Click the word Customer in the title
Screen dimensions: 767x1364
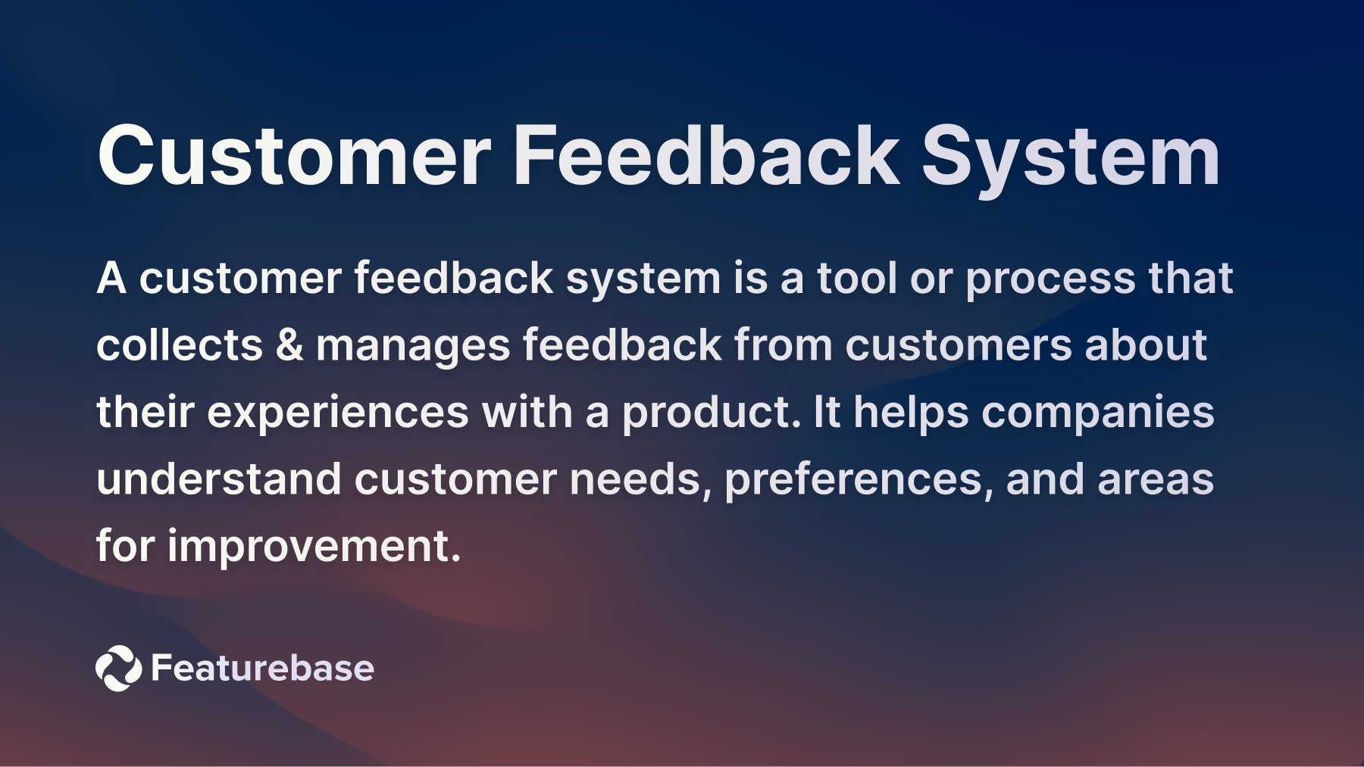294,156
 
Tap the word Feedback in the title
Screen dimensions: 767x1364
706,156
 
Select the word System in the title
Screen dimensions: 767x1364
1070,156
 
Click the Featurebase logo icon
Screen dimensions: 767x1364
118,668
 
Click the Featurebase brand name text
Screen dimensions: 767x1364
262,668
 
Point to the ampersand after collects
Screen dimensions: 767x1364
289,345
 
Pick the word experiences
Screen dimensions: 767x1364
338,413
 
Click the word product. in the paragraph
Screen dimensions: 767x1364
711,413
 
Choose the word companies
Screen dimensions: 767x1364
1097,413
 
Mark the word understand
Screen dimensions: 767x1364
218,479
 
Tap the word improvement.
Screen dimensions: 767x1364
314,546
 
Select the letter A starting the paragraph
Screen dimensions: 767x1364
111,278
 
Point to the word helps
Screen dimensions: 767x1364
911,413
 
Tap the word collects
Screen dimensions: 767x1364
180,345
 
